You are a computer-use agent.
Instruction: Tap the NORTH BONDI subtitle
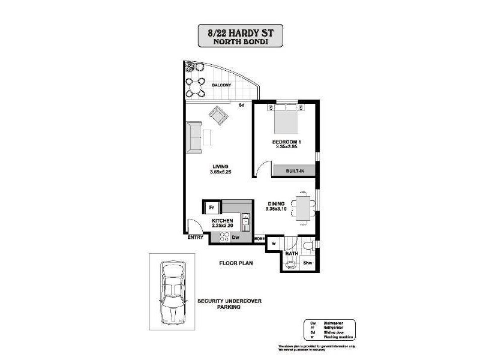[239, 42]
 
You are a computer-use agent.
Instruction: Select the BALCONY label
[221, 85]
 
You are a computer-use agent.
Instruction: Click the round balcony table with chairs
[194, 88]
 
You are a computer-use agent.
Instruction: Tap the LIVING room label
[220, 166]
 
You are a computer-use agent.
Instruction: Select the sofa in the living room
[194, 137]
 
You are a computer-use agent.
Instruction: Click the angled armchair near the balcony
[218, 115]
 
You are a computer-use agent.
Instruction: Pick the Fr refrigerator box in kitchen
[211, 208]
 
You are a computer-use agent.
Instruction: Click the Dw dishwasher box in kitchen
[235, 238]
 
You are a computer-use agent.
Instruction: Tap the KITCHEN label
[221, 221]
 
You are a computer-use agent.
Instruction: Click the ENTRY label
[195, 238]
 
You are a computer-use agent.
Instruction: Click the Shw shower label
[307, 263]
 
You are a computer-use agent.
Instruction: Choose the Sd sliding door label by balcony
[241, 106]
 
